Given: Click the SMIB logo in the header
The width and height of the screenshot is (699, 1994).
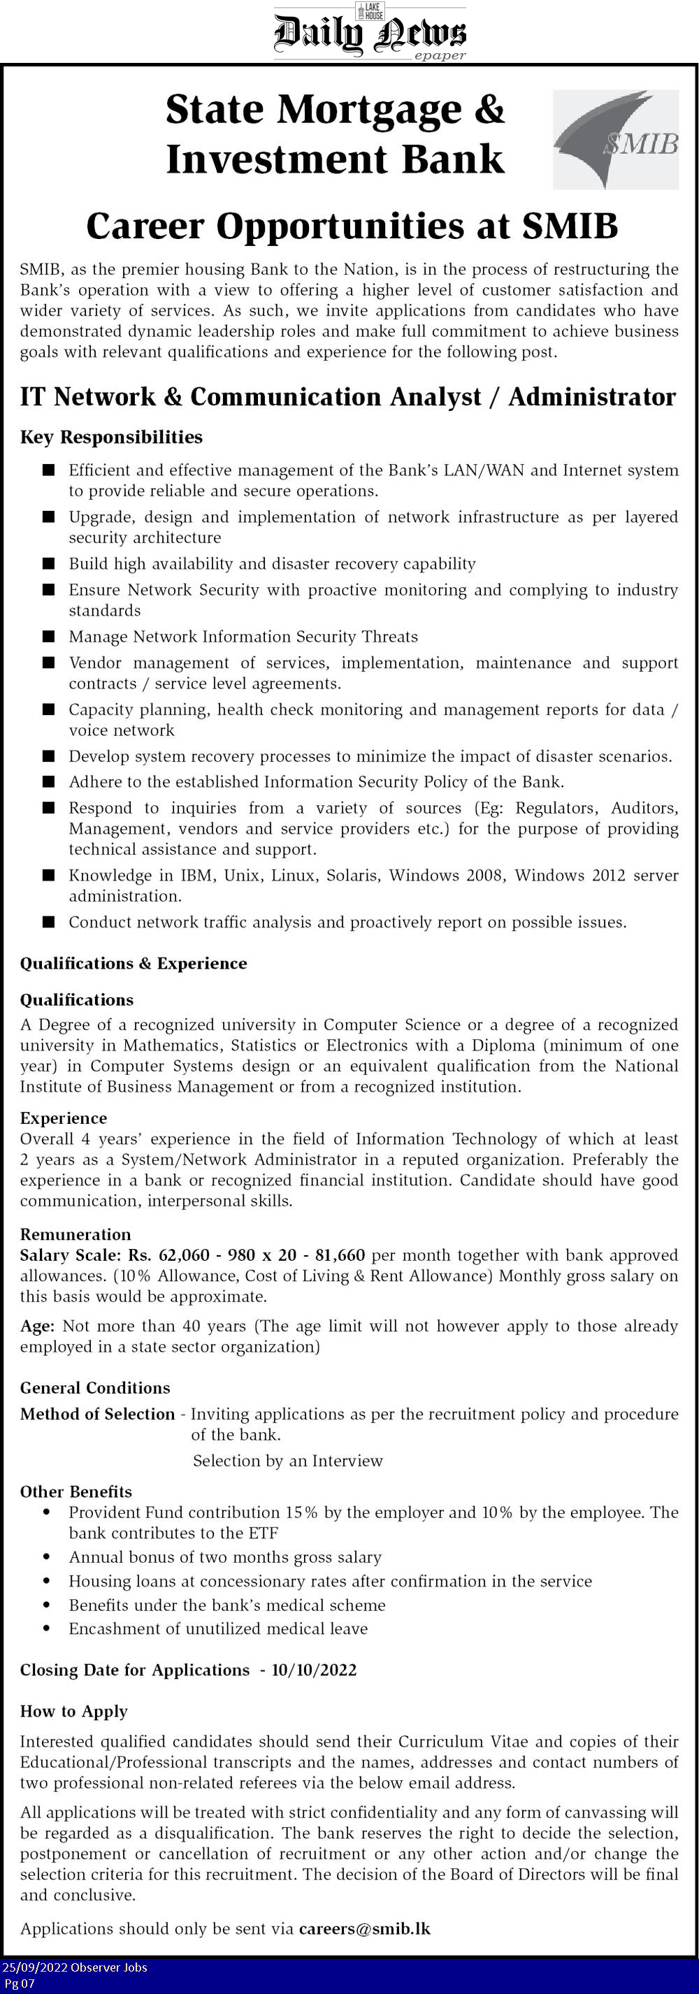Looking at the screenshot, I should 615,139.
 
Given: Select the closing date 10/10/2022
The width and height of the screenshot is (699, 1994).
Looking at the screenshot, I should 314,1670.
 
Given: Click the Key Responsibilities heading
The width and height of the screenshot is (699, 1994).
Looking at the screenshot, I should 110,438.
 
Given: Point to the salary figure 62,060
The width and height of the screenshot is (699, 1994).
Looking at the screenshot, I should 183,1255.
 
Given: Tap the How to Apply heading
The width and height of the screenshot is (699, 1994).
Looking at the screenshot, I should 73,1711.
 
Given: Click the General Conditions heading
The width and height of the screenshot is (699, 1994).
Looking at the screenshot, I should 94,1388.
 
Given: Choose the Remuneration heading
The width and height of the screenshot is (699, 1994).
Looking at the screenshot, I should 75,1235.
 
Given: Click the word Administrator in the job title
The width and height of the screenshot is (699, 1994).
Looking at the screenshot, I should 592,397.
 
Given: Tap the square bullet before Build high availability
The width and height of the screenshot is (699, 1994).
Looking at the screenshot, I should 49,563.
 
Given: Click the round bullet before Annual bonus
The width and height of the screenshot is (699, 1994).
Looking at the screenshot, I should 48,1556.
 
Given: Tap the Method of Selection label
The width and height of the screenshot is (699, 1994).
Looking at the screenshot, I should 98,1414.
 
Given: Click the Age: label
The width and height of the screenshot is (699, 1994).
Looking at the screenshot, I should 37,1326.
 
